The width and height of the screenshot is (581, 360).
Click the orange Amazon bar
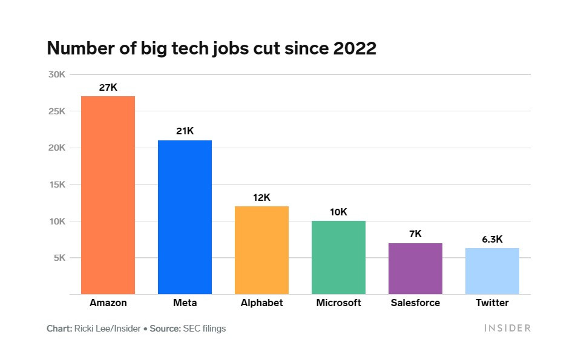tap(108, 195)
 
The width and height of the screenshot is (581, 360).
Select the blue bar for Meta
tap(185, 217)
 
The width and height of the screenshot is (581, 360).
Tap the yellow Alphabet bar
tap(261, 250)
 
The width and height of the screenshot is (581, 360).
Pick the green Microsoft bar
tap(338, 257)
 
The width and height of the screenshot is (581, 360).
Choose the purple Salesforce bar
tap(415, 269)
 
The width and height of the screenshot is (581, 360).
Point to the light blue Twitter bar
tap(492, 271)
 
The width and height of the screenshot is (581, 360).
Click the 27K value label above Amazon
tap(108, 87)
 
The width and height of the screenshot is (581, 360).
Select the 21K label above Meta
tap(185, 131)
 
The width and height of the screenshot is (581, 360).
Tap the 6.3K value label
tap(492, 239)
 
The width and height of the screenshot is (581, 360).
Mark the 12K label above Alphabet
tap(261, 197)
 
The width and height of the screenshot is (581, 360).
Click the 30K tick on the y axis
tap(57, 74)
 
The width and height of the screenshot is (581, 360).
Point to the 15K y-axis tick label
tap(57, 185)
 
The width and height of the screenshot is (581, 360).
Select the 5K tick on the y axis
tap(59, 258)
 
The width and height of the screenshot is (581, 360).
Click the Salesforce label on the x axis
tap(415, 303)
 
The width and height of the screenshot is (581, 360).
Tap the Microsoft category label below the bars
tap(338, 303)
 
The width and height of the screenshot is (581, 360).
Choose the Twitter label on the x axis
tap(492, 303)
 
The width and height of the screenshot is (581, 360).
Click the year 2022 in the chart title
tap(355, 49)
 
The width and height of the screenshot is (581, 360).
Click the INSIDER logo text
tap(507, 328)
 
